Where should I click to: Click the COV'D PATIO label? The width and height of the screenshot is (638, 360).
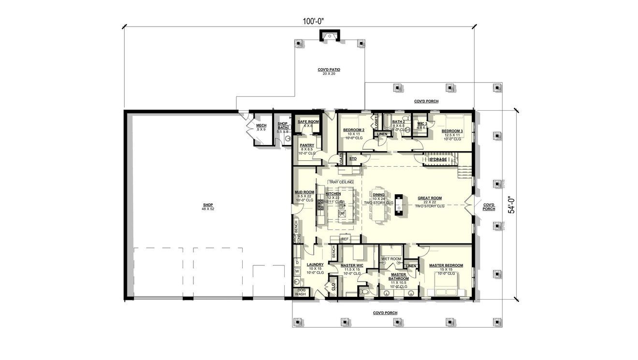[x=329, y=70]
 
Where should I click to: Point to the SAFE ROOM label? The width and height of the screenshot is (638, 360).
[x=308, y=122]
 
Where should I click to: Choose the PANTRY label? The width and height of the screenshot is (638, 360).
[x=307, y=145]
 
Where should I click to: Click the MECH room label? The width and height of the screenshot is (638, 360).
[x=261, y=126]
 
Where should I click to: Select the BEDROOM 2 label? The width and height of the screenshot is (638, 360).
[x=353, y=130]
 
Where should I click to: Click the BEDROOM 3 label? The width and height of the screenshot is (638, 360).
[x=452, y=131]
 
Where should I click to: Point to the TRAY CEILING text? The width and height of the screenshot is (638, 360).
[x=341, y=182]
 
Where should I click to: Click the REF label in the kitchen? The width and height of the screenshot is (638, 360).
[x=345, y=239]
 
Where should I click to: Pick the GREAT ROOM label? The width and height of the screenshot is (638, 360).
[x=430, y=198]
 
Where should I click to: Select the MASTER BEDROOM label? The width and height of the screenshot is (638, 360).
[x=446, y=265]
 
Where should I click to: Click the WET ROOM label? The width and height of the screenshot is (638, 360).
[x=391, y=259]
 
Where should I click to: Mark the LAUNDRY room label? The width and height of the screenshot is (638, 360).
[x=315, y=265]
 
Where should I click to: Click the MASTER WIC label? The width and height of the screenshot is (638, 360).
[x=351, y=265]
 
